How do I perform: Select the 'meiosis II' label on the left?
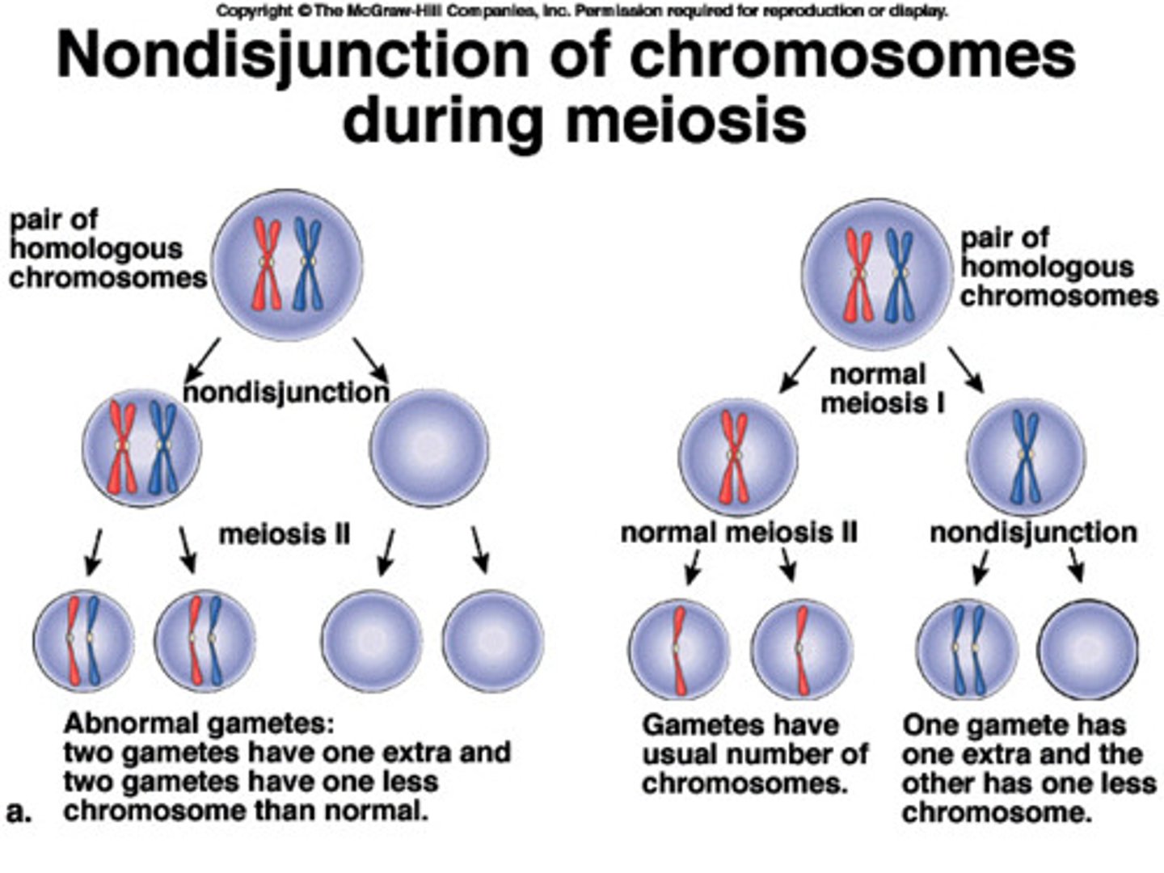[285, 534]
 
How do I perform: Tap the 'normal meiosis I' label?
[881, 388]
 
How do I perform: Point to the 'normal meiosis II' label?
[738, 533]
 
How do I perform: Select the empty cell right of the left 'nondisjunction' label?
[428, 447]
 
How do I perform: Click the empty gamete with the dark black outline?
[1088, 649]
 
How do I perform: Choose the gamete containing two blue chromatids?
[968, 649]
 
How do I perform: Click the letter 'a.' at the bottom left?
[19, 812]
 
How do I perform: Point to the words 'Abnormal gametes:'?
[198, 723]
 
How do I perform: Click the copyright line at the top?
[582, 11]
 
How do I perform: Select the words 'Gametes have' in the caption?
[740, 724]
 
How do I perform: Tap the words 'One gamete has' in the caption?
[1014, 724]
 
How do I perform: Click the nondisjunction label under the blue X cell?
[1032, 533]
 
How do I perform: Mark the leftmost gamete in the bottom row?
[83, 640]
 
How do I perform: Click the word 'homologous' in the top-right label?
[1047, 267]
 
